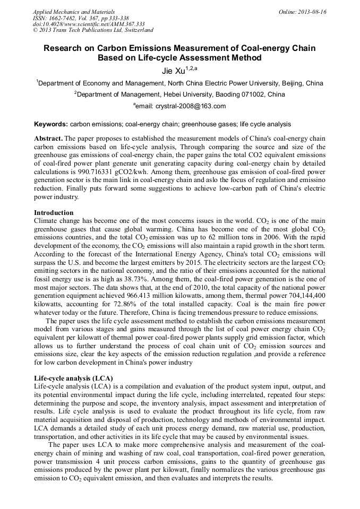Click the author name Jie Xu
click(x=176, y=70)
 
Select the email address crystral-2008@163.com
click(x=190, y=106)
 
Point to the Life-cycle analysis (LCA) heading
click(x=70, y=377)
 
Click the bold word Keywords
click(x=50, y=124)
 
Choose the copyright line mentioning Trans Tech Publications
click(x=93, y=30)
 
